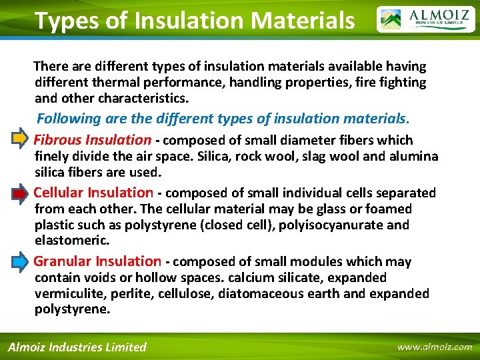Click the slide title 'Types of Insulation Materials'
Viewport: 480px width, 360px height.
[194, 21]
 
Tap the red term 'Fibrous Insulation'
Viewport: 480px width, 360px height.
[93, 140]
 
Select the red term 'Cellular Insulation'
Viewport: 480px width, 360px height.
[93, 193]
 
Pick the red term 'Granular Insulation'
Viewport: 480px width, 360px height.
[97, 261]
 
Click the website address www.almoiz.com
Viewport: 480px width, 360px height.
[434, 347]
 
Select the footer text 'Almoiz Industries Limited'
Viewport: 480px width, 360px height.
[77, 347]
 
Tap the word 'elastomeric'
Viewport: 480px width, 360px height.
[71, 241]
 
